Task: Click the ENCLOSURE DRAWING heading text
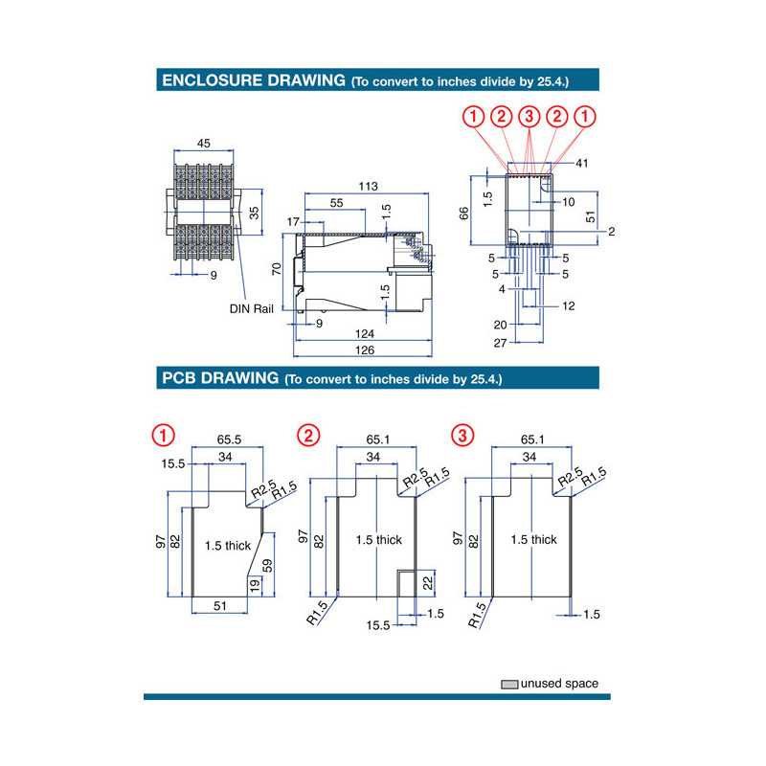pos(254,80)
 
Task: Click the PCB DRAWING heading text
pos(219,377)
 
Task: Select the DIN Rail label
pos(251,308)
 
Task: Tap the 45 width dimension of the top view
pos(203,143)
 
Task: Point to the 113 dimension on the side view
pos(368,185)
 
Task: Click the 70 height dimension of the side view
pos(277,270)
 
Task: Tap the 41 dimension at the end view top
pos(582,164)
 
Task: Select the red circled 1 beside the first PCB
pos(164,436)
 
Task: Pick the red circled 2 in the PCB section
pos(308,436)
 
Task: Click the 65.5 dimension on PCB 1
pos(227,438)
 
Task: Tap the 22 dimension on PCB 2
pos(427,581)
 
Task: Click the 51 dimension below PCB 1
pos(219,605)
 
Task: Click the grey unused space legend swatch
pos(509,684)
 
